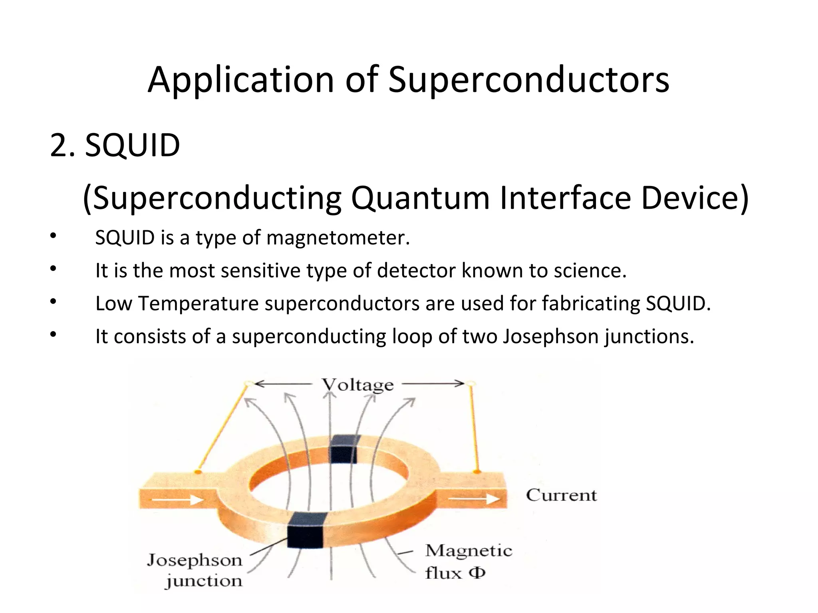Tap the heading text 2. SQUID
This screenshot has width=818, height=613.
point(115,145)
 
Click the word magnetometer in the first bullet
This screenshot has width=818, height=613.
point(338,238)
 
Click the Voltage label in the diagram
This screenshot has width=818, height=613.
point(358,385)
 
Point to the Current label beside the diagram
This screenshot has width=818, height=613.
point(561,495)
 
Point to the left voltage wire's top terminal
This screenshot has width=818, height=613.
point(248,384)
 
